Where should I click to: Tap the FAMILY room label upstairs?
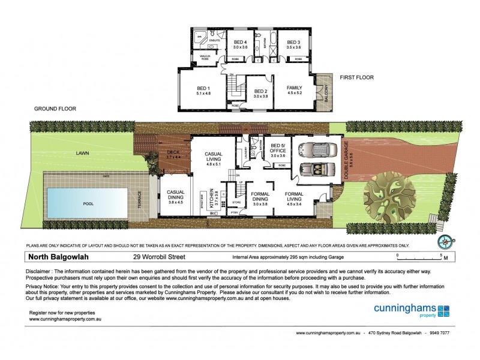click(x=294, y=88)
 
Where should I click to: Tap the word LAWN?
click(x=83, y=153)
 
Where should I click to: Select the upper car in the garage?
click(x=319, y=150)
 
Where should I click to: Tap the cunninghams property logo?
click(x=411, y=311)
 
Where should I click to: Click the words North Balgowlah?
click(x=58, y=257)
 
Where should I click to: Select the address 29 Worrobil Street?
click(x=159, y=257)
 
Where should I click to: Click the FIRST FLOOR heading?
click(x=356, y=77)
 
